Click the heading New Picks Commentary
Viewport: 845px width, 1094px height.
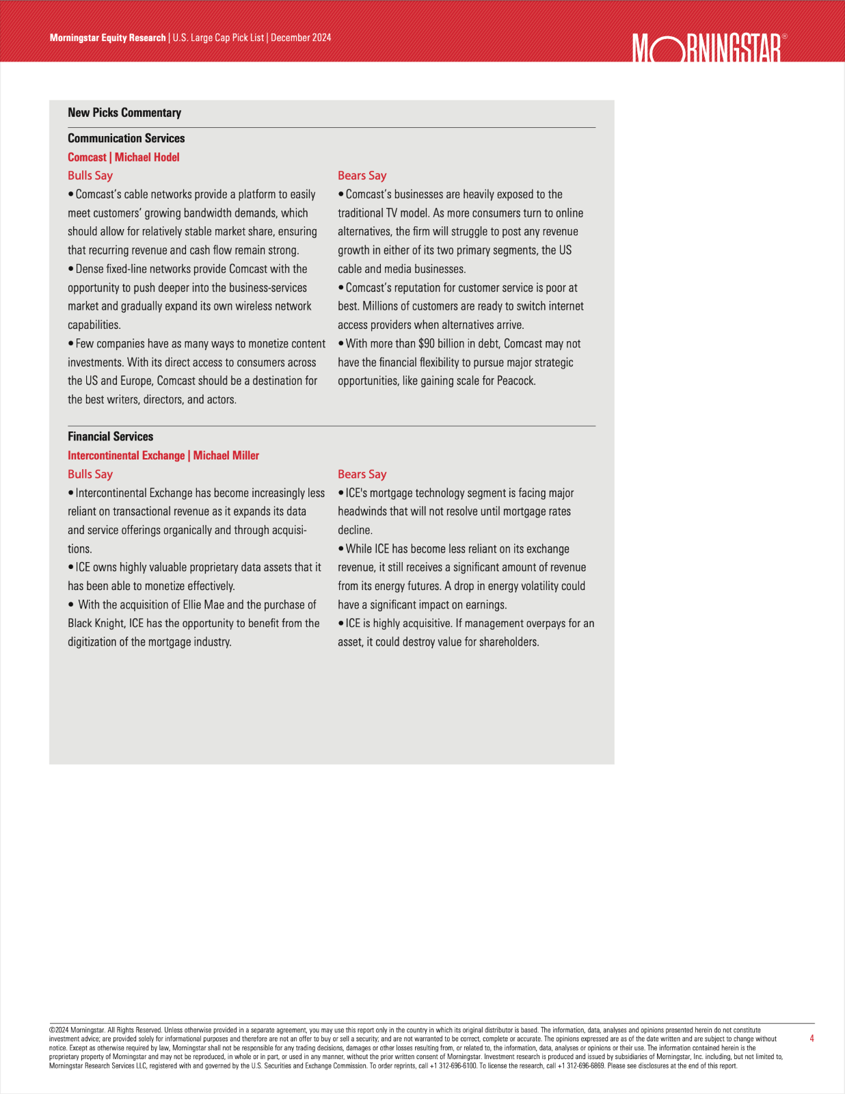click(124, 113)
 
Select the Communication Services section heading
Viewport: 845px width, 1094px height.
click(126, 138)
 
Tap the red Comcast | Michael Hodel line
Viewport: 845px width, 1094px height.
click(123, 157)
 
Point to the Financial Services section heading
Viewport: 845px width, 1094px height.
click(110, 436)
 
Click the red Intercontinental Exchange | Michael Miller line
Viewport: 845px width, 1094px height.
click(163, 455)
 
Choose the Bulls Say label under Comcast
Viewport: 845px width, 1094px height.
click(90, 176)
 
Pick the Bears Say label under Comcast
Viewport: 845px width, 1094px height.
click(362, 176)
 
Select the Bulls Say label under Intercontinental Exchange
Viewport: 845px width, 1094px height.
click(90, 474)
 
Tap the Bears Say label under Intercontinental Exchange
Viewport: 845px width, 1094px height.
click(362, 474)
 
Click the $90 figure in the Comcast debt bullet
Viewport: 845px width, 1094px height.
click(426, 344)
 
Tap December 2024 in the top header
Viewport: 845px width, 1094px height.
click(301, 38)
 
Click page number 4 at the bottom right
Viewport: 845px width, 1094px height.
click(812, 1039)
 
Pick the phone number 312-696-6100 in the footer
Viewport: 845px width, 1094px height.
click(453, 1066)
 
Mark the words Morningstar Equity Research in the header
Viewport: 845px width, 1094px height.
click(107, 38)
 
